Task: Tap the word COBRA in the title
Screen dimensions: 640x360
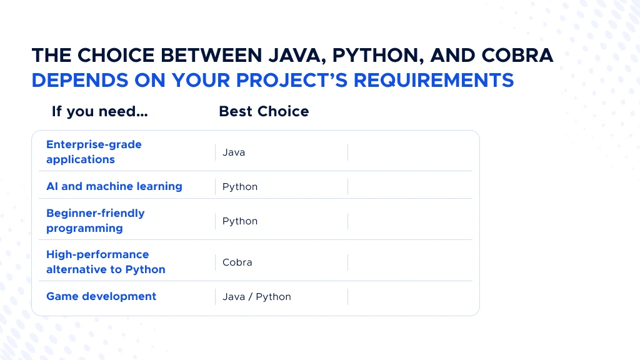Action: [x=517, y=55]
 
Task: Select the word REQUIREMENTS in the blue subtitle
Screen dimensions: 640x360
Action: [x=434, y=80]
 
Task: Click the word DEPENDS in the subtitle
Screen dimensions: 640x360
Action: [x=80, y=80]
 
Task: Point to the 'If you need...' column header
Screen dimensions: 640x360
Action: [x=99, y=111]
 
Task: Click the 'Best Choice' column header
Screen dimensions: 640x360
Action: [x=264, y=111]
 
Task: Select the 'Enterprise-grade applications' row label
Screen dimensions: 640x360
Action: [x=94, y=152]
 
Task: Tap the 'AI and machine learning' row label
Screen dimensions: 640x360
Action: [x=114, y=186]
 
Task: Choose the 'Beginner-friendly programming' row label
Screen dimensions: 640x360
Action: [x=96, y=221]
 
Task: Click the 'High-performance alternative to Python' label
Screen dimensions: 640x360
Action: [x=106, y=262]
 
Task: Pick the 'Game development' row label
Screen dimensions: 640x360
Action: [x=101, y=296]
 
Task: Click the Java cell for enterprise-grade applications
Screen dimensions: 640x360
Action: [x=234, y=152]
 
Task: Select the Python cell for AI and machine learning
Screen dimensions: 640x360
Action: [x=240, y=187]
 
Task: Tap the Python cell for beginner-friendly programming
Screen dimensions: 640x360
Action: [x=240, y=221]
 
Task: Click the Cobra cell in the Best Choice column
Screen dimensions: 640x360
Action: [x=237, y=262]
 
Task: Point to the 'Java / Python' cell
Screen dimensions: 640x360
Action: [x=257, y=297]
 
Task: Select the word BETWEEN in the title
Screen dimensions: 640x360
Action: [x=211, y=55]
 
